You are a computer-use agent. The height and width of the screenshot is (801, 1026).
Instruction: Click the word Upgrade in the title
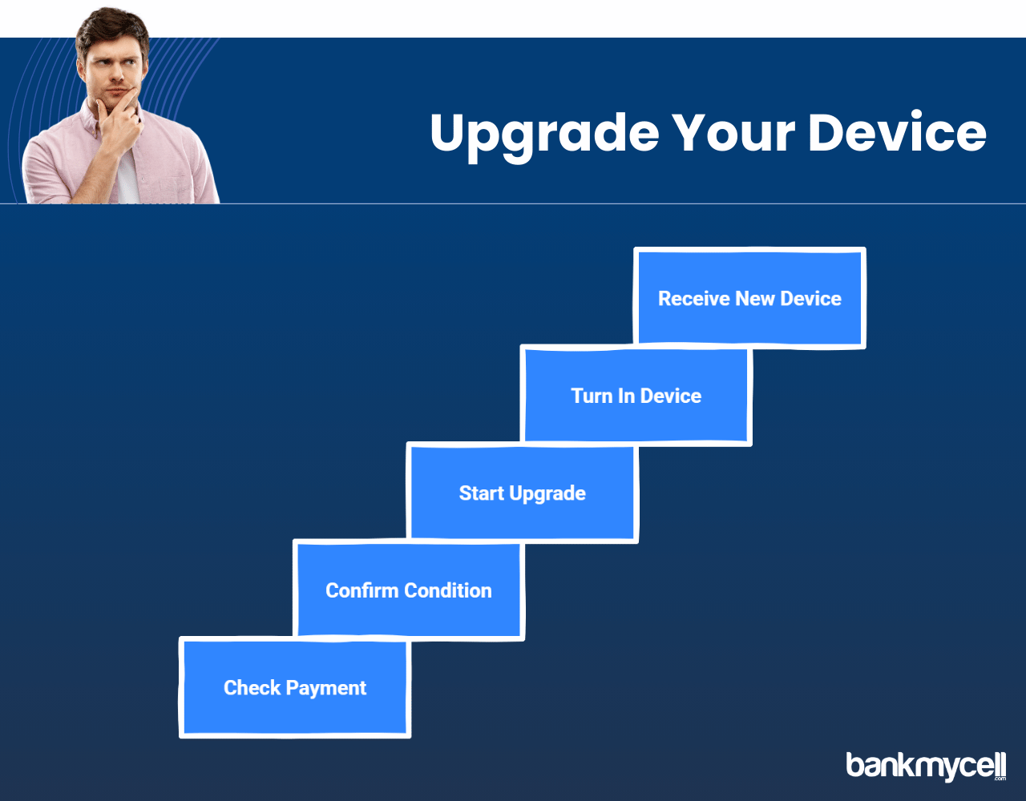click(x=544, y=136)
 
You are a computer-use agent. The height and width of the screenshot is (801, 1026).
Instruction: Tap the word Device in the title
click(x=897, y=131)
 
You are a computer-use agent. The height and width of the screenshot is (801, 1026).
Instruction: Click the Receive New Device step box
click(x=749, y=298)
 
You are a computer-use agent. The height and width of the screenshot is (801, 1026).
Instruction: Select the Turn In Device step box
click(x=636, y=396)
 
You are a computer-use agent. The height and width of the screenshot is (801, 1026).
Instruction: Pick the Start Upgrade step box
click(x=522, y=493)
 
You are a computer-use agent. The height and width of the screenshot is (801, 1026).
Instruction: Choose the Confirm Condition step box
click(x=409, y=590)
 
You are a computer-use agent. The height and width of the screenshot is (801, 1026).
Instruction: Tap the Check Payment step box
click(x=295, y=687)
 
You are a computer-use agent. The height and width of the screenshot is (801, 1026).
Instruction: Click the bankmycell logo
click(x=926, y=766)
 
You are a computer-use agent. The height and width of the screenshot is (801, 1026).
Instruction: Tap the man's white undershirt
click(x=127, y=177)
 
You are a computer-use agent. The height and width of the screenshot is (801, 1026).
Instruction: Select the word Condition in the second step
click(x=447, y=590)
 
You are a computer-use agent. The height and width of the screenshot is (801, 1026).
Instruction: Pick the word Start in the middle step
click(x=481, y=493)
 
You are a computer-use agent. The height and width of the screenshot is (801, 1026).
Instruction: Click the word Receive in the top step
click(x=693, y=299)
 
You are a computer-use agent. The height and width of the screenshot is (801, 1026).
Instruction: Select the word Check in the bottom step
click(x=252, y=688)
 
